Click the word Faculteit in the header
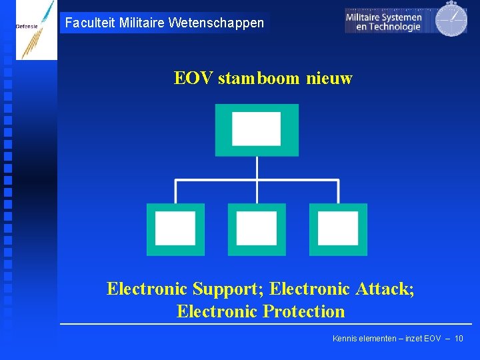[89, 23]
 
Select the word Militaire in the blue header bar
[142, 23]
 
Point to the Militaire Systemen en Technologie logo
[385, 21]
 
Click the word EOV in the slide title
[193, 79]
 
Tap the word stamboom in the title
[259, 79]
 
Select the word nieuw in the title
[329, 79]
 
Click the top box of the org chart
[257, 129]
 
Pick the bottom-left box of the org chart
[175, 229]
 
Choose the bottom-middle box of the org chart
[257, 229]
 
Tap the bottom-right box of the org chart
[338, 229]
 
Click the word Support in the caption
[224, 289]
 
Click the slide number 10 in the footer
[459, 339]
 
